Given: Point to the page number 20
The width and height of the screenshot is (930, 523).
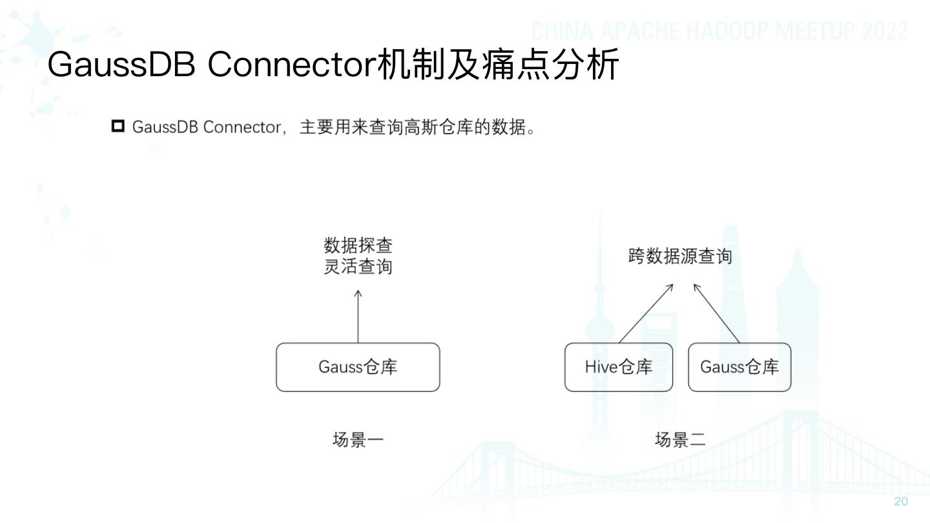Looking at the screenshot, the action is point(900,502).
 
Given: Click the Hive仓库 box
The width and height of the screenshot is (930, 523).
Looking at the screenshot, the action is point(618,367).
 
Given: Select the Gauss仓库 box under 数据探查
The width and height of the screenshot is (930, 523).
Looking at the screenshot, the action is point(358,367).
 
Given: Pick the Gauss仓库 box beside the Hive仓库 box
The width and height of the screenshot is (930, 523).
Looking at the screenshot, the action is point(739,367).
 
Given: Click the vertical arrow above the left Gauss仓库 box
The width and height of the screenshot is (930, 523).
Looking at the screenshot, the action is point(358,316).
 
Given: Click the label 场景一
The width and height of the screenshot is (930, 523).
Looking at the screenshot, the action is point(358,440).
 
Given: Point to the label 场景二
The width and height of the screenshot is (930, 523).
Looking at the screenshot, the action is point(680,440).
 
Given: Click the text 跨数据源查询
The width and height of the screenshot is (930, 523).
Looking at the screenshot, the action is point(680,256).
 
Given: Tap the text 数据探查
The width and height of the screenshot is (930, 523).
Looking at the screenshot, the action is point(358,245).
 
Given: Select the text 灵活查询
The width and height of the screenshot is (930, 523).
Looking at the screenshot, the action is point(358,267).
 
